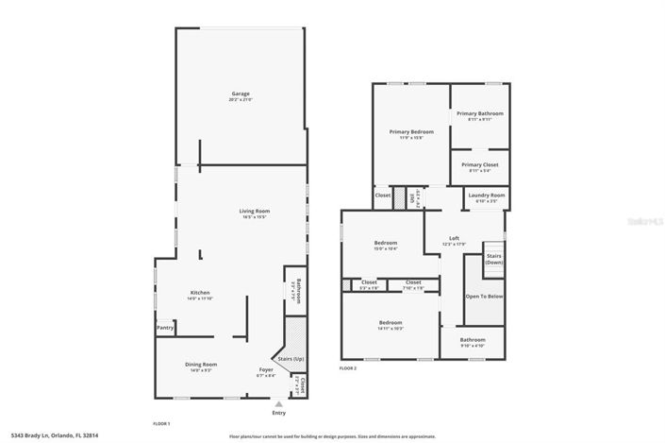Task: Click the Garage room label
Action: pos(241,94)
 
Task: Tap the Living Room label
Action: pos(254,211)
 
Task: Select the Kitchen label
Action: pos(200,293)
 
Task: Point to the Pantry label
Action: pos(165,328)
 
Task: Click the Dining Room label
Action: pos(201,364)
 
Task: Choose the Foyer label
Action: pos(266,369)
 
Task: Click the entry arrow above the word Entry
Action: pos(278,402)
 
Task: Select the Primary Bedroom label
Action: pos(411,131)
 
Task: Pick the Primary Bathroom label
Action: pos(480,113)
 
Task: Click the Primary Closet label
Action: pos(480,164)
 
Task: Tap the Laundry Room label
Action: pos(487,195)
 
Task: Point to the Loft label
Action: pos(454,238)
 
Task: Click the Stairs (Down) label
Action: pos(494,259)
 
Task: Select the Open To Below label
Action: pos(484,297)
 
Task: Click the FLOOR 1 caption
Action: pos(162,423)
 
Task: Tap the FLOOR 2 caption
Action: pos(348,367)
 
